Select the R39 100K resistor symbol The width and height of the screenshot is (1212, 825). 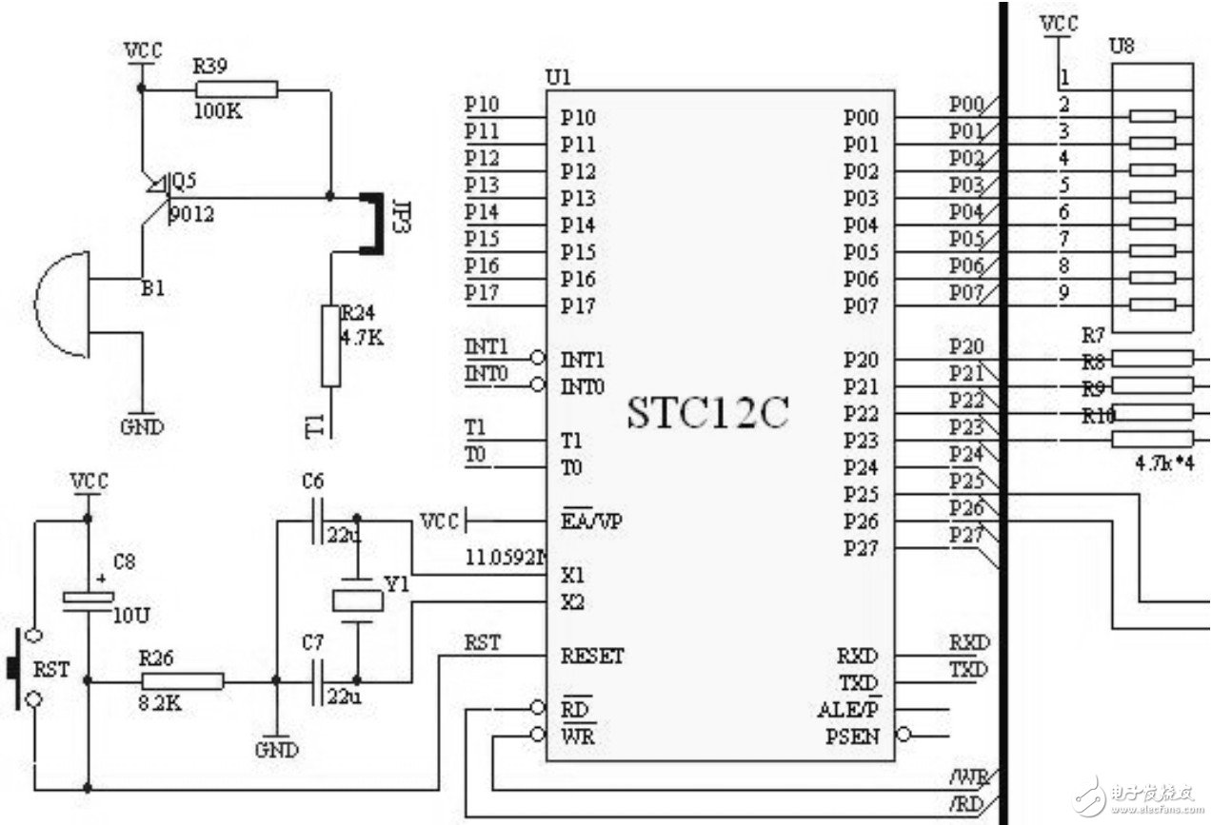pyautogui.click(x=236, y=89)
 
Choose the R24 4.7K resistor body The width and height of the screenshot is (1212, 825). pyautogui.click(x=330, y=345)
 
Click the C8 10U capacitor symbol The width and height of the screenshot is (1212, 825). pyautogui.click(x=88, y=598)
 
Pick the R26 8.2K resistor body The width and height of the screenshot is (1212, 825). pyautogui.click(x=183, y=680)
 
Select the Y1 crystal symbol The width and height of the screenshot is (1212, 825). pyautogui.click(x=357, y=599)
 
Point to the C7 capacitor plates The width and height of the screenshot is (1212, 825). pyautogui.click(x=319, y=680)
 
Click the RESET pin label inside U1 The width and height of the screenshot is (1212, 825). pyautogui.click(x=592, y=657)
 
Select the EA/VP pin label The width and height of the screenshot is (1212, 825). pyautogui.click(x=591, y=521)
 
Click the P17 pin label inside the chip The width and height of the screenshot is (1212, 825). pyautogui.click(x=578, y=306)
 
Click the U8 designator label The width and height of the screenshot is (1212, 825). pyautogui.click(x=1122, y=45)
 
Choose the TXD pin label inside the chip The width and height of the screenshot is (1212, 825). pyautogui.click(x=859, y=683)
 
